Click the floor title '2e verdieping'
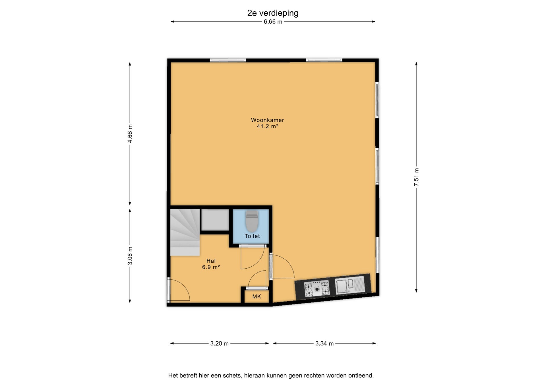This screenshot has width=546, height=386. click(273, 13)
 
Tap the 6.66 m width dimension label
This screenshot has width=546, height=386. click(273, 22)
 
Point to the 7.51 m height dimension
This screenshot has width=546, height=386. click(416, 177)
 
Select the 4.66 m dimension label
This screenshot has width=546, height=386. click(130, 134)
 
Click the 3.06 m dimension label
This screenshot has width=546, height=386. click(130, 256)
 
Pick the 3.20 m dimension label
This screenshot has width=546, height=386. click(220, 343)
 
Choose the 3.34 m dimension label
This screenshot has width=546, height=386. click(324, 343)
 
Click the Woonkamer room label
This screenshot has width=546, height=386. click(267, 120)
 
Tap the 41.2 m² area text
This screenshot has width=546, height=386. click(267, 126)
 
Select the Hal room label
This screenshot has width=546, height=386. click(211, 261)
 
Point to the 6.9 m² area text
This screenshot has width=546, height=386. click(211, 267)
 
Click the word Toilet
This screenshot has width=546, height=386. click(252, 236)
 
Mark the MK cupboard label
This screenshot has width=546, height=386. click(257, 296)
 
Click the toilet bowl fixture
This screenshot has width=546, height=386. click(252, 221)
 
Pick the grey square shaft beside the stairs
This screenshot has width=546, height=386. click(215, 220)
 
